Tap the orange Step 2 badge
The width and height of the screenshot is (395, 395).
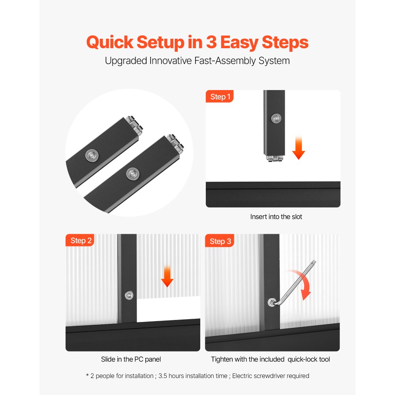[80, 240]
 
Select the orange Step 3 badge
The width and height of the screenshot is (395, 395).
[220, 241]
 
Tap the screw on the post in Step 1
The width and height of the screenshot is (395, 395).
[276, 118]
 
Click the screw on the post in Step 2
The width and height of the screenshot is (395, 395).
[129, 295]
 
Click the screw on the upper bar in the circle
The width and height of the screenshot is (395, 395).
[92, 156]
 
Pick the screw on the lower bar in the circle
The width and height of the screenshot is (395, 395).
[133, 174]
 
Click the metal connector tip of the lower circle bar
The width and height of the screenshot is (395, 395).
[176, 144]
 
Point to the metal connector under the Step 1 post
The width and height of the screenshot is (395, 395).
[275, 158]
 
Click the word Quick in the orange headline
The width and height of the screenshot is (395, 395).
[110, 42]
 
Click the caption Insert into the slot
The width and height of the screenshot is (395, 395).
[276, 216]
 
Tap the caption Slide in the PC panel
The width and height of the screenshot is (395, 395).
[131, 359]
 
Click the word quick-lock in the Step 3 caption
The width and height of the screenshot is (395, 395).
[302, 359]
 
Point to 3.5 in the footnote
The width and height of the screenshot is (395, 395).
[162, 376]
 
